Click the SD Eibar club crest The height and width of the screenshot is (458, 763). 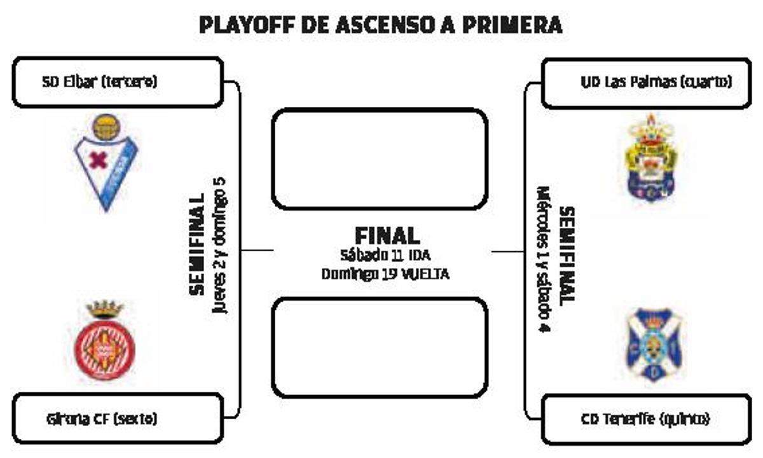click(x=106, y=163)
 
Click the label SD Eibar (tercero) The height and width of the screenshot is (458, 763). click(x=99, y=82)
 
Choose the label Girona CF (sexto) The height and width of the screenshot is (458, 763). click(x=101, y=419)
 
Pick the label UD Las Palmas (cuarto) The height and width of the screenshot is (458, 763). click(x=656, y=82)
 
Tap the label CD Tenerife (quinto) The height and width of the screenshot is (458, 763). click(x=645, y=419)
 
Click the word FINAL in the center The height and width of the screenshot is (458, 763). click(x=387, y=236)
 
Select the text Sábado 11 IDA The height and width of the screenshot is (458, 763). click(x=385, y=256)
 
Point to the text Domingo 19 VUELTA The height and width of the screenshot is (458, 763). click(x=385, y=274)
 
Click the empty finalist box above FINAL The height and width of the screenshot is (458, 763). click(x=380, y=159)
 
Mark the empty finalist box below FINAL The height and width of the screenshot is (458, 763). click(x=380, y=347)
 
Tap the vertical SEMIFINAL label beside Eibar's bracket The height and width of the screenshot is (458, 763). click(x=198, y=244)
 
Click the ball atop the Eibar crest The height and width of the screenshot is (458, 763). click(x=106, y=127)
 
